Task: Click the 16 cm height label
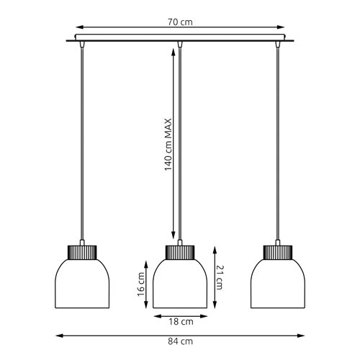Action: coord(142,287)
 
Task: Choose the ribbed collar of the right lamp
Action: coord(278,252)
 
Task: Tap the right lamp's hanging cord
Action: coord(278,144)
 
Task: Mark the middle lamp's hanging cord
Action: coord(179,144)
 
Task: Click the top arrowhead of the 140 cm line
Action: coord(172,50)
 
